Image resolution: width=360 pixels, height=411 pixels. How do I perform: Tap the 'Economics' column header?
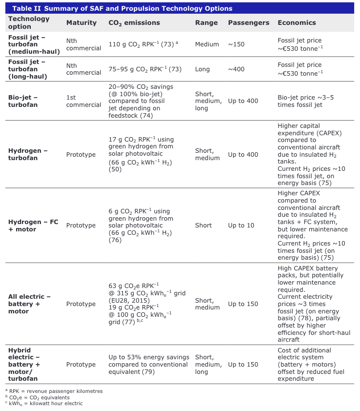pyautogui.click(x=297, y=23)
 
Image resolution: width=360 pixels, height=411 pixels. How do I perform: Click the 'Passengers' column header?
pyautogui.click(x=248, y=23)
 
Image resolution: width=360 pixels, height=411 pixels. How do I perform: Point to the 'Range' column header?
pyautogui.click(x=206, y=23)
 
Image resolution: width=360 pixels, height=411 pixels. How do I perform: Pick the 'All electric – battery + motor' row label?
pyautogui.click(x=29, y=304)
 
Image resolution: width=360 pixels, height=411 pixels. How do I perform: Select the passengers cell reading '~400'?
pyautogui.click(x=236, y=69)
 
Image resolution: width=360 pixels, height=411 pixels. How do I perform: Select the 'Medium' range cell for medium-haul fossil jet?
pyautogui.click(x=207, y=44)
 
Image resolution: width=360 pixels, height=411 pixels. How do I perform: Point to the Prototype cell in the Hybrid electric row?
pyautogui.click(x=81, y=365)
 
